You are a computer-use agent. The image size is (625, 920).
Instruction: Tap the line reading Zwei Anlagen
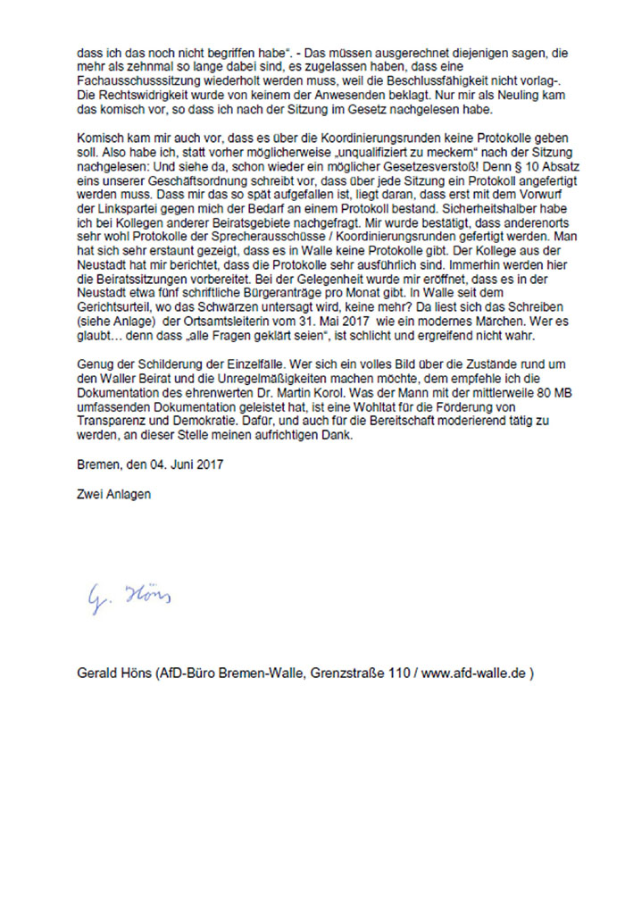pos(113,493)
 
